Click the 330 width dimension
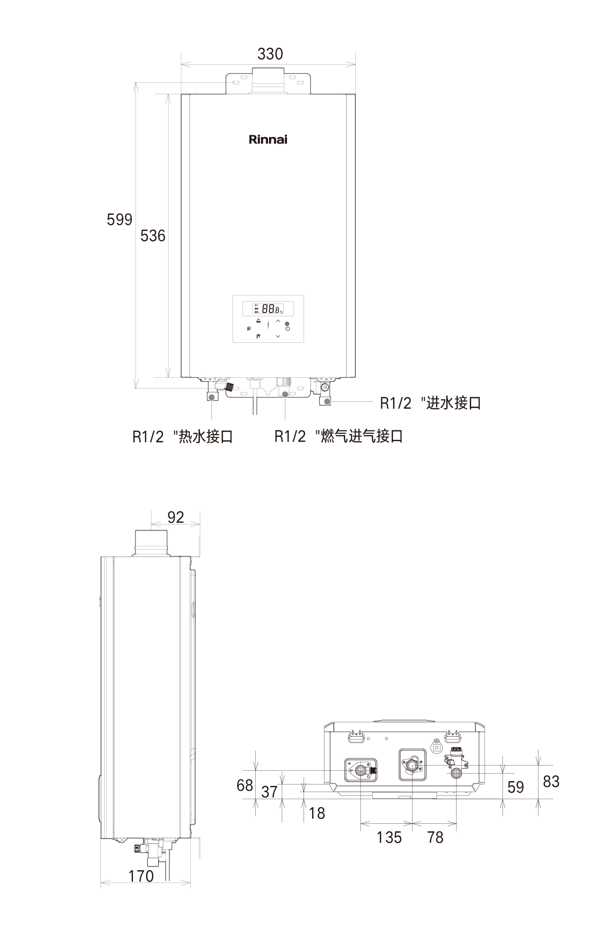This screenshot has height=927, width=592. pos(270,54)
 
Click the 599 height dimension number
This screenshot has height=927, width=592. pos(119,220)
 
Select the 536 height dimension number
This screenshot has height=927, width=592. pos(152,235)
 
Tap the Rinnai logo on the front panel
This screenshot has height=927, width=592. pos(268,140)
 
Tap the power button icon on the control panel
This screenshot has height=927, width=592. pos(287,329)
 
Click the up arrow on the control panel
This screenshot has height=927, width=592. pos(278,321)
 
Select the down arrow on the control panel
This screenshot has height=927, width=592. pos(278,336)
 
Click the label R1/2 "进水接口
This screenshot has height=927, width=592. pos(430,403)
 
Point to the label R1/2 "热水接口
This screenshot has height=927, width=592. pos(182,437)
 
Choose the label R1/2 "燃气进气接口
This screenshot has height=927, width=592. pos(338,437)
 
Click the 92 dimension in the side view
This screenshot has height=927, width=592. pos(175,517)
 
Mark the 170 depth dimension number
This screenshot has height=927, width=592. pos(141,876)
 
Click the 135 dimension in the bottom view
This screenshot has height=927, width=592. pos(389,837)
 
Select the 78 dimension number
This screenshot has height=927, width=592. pos(435,837)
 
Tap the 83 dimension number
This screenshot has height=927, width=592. pos(551,781)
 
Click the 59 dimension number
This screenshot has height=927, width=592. pos(515,787)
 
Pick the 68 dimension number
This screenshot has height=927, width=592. pos(245,785)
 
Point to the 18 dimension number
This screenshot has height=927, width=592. pos(317,813)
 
